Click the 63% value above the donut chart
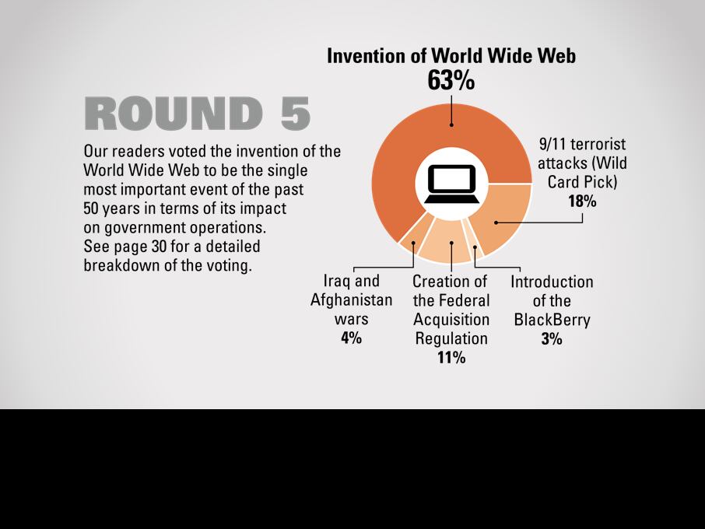451,80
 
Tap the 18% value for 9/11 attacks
582,201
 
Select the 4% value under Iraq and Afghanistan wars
351,338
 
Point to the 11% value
451,357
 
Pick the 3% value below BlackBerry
552,338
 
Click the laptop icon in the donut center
451,184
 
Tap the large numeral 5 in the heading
296,114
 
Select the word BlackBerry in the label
552,320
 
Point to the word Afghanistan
351,300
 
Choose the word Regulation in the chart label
451,338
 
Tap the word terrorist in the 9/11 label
598,144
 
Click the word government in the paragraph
145,228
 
